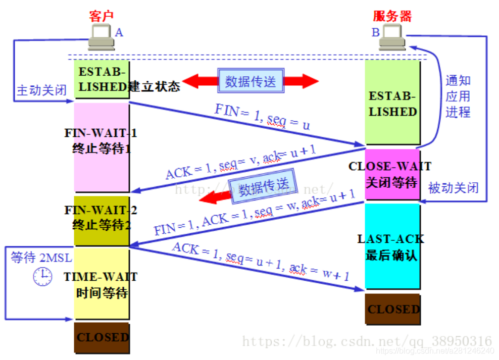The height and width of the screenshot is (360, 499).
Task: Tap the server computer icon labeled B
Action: coord(392,38)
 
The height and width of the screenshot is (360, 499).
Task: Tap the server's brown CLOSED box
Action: coord(393,309)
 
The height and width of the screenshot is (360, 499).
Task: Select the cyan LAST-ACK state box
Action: coord(392,246)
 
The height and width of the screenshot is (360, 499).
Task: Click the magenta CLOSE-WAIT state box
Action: coord(392,174)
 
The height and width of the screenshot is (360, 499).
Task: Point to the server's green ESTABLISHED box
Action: coord(392,104)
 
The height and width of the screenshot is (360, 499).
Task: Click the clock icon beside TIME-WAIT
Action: coord(43,277)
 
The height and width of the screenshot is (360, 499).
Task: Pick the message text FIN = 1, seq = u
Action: coord(263,117)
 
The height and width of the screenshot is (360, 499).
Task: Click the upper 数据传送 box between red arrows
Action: coord(251,81)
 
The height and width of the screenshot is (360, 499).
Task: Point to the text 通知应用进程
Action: coord(458,96)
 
